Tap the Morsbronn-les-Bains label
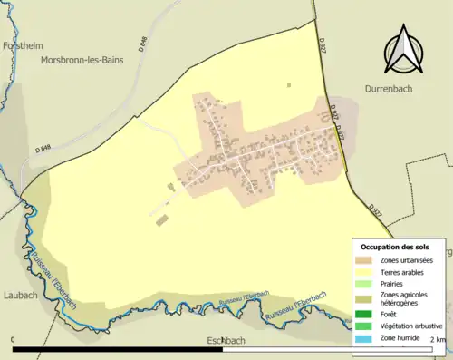tap(84, 60)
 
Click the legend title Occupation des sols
tap(401, 247)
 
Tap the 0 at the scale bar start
tap(14, 340)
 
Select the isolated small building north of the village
tap(289, 85)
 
